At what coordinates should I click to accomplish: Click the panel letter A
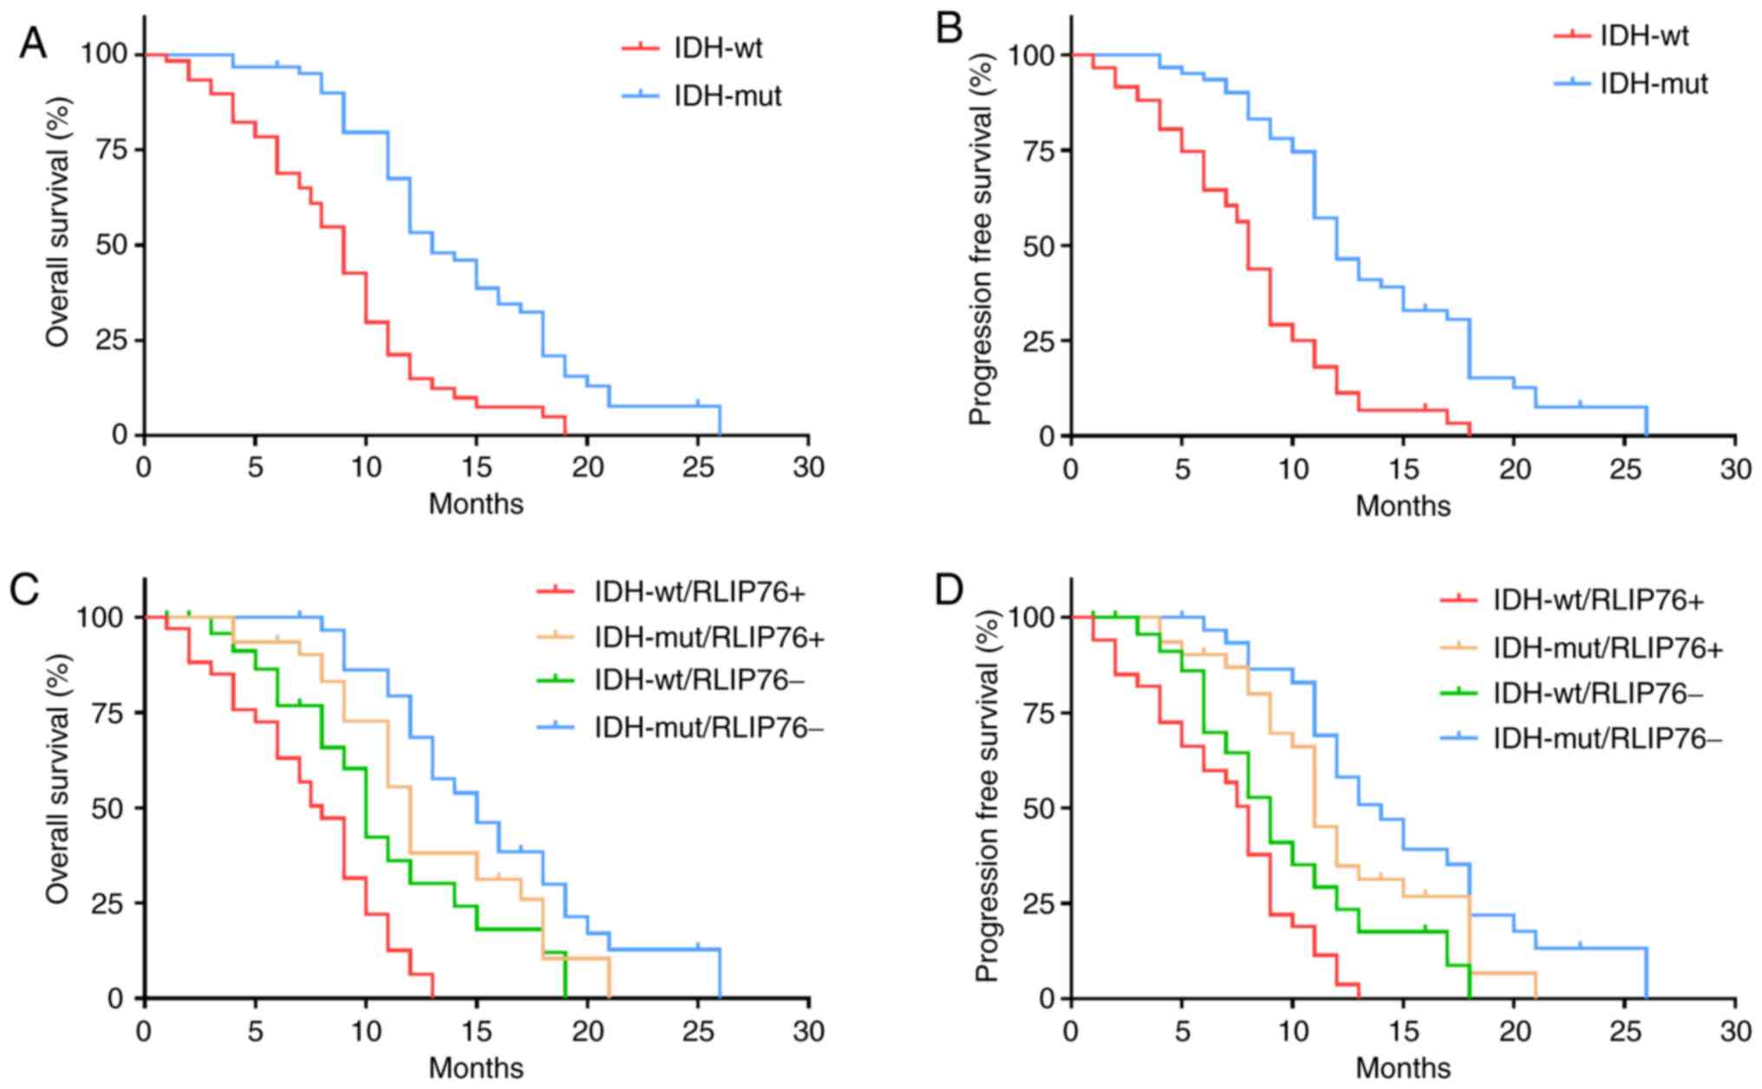tap(33, 43)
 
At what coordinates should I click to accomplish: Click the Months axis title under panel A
tap(476, 504)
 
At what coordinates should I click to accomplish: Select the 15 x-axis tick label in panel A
tap(476, 468)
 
